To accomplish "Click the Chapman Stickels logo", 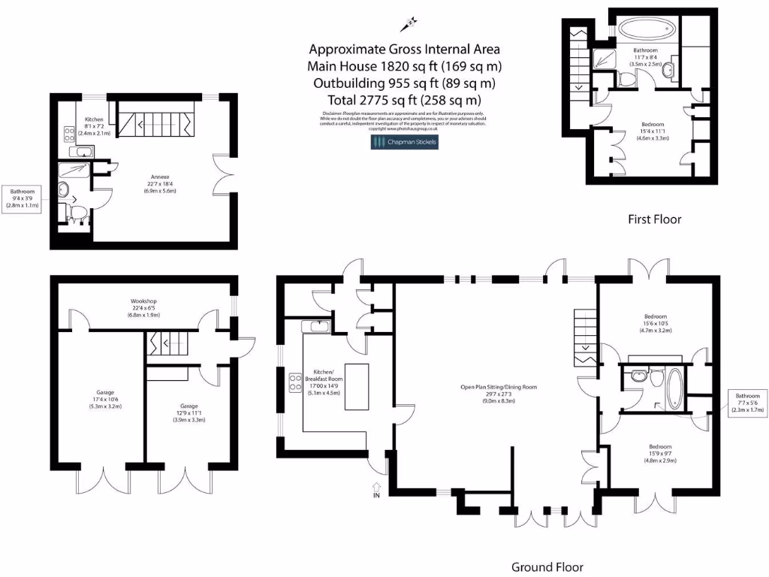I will click(x=404, y=141).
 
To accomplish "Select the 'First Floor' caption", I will click(x=654, y=219).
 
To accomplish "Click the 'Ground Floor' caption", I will click(x=547, y=566).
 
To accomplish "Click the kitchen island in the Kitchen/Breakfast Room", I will click(x=357, y=386).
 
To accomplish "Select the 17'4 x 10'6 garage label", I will click(x=101, y=403).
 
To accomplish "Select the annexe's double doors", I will click(x=221, y=173).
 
